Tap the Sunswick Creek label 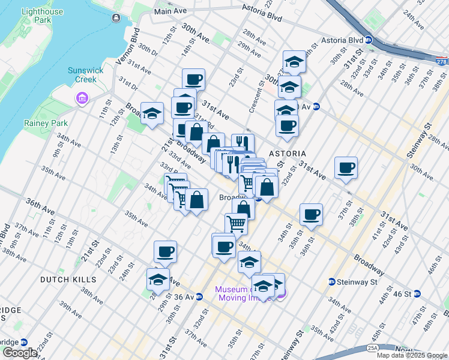click(86, 74)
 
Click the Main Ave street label click(171, 11)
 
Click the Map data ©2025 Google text click(412, 355)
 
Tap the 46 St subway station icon click(417, 293)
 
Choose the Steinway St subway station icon click(331, 282)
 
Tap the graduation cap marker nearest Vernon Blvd click(152, 112)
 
